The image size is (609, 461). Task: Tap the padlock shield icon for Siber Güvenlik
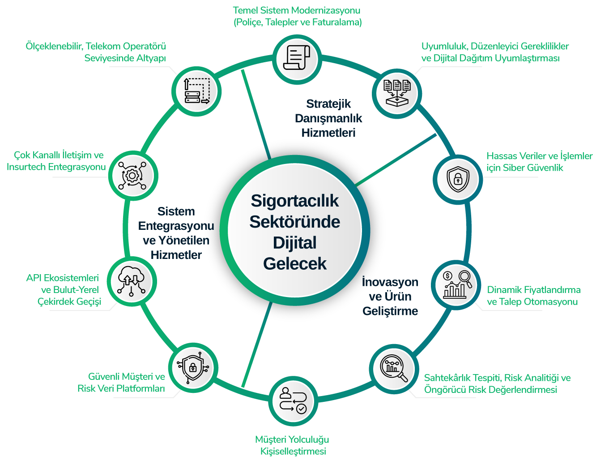click(x=458, y=179)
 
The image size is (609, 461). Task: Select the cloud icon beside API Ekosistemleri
click(x=132, y=281)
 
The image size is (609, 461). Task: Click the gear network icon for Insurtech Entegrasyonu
click(x=132, y=175)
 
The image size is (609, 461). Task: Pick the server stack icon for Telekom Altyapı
click(x=197, y=91)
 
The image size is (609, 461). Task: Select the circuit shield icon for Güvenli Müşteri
click(x=193, y=368)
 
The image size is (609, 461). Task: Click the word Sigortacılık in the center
click(x=295, y=201)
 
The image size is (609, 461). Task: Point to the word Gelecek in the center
click(x=295, y=263)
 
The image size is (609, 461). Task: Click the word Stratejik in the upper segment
click(x=328, y=104)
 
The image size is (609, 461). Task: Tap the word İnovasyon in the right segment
click(x=390, y=282)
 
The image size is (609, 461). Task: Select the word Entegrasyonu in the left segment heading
click(x=176, y=226)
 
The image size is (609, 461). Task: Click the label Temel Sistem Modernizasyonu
click(x=297, y=10)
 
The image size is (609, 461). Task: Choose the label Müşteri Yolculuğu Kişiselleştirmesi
click(x=293, y=445)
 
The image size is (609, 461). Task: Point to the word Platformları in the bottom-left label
click(x=140, y=388)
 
